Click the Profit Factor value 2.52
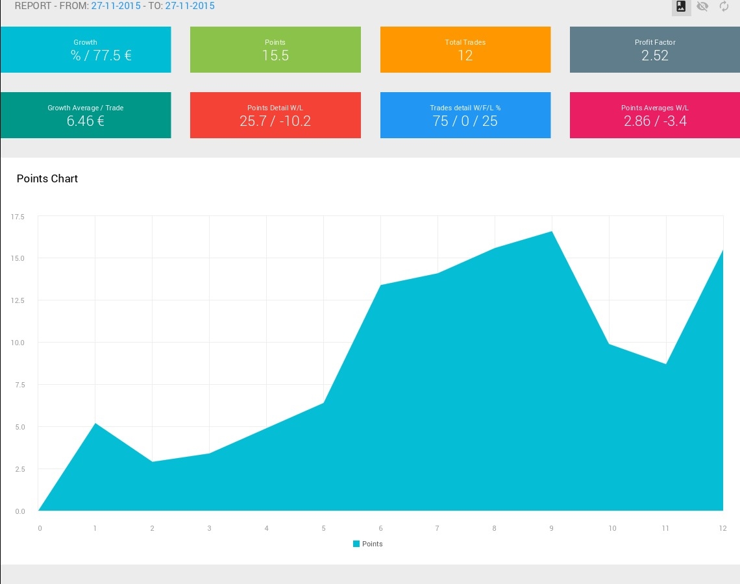click(655, 56)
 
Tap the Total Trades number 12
click(465, 56)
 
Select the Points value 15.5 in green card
click(275, 56)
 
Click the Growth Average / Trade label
click(85, 108)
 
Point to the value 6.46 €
click(85, 121)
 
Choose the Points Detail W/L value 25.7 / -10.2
click(275, 121)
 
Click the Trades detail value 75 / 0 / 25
click(465, 121)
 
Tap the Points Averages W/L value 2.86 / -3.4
click(655, 121)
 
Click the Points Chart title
click(47, 178)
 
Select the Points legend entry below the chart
click(368, 544)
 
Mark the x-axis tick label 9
click(552, 528)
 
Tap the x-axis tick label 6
click(381, 528)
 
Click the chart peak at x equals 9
click(552, 232)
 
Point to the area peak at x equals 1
click(95, 424)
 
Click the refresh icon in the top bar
click(724, 6)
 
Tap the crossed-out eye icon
click(702, 6)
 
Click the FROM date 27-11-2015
click(116, 6)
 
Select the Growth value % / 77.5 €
click(101, 56)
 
